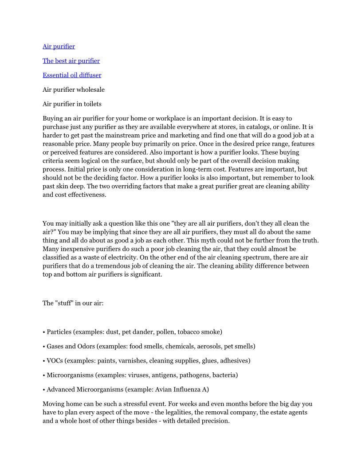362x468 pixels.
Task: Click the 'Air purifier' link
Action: (x=59, y=47)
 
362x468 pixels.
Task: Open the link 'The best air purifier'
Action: (x=71, y=61)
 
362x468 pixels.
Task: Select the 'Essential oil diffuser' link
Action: (x=72, y=75)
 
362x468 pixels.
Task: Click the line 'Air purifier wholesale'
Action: (x=74, y=90)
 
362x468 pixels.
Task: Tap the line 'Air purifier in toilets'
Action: (x=72, y=104)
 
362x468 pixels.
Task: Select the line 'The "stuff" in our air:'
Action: (x=73, y=304)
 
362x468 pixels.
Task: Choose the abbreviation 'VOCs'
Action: (x=55, y=361)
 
